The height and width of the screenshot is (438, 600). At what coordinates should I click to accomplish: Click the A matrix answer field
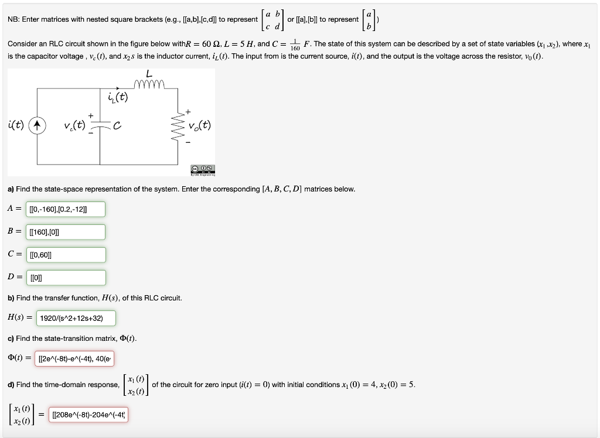[x=66, y=209]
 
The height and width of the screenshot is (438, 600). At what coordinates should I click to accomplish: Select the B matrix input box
[x=66, y=232]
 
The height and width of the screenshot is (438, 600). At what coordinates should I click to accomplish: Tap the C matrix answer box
[x=66, y=255]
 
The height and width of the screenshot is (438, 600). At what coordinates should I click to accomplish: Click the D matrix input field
[x=66, y=278]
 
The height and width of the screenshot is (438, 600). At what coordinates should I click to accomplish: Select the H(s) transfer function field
[x=76, y=318]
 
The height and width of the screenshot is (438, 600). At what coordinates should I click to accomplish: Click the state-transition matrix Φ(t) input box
[x=76, y=358]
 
